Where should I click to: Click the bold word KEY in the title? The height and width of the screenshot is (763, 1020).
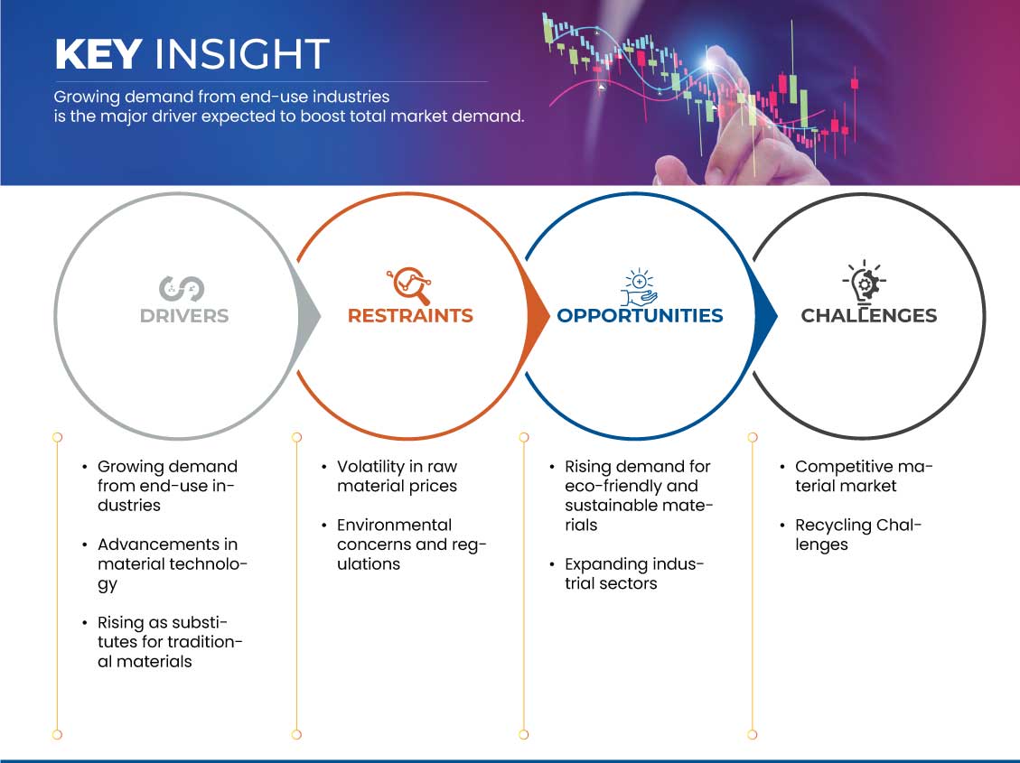point(98,53)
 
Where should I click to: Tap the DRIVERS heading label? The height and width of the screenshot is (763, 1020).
point(184,316)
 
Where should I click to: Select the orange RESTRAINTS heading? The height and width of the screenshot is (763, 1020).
point(410,316)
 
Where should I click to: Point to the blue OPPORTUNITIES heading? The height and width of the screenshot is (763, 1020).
point(641,316)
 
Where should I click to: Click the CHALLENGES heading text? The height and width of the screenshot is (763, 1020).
point(868,316)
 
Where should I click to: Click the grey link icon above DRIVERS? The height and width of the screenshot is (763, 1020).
point(182,289)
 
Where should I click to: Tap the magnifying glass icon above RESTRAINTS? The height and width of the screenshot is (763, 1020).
point(410,285)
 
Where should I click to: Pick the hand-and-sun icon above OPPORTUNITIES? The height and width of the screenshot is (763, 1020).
point(639,286)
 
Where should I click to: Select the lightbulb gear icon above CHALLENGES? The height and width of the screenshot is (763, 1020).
point(864,283)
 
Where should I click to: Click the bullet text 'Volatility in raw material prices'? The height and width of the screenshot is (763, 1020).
point(397,477)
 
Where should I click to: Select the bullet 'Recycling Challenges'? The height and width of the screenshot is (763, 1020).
point(858,535)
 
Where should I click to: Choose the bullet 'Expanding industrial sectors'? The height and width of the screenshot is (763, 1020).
point(634,574)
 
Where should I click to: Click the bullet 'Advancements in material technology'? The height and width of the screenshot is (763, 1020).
point(173,564)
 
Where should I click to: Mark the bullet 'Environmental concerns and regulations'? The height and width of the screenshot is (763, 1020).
point(412,544)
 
